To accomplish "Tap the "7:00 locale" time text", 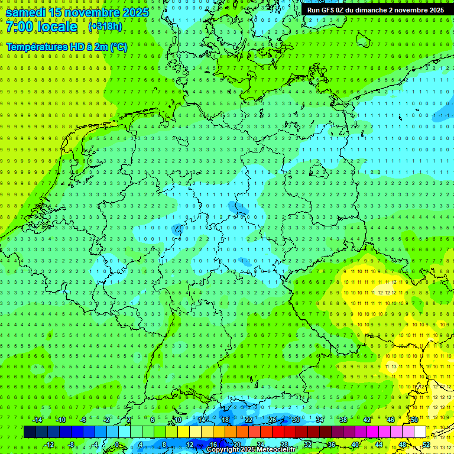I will coord(41,27).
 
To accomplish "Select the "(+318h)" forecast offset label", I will coord(105,27).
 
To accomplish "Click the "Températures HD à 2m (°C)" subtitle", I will coord(66,46).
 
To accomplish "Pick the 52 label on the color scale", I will coord(426,445).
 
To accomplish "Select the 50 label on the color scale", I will coord(414,420).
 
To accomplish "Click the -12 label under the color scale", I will coord(49,445).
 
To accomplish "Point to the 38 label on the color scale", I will coord(343,420).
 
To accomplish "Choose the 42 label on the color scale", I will coord(367,420).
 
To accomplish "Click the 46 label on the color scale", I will coord(391,420).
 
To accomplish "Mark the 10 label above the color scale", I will coord(177,420).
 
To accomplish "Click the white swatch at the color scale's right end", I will coord(420,432).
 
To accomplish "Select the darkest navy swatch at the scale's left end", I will coord(30,432).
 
